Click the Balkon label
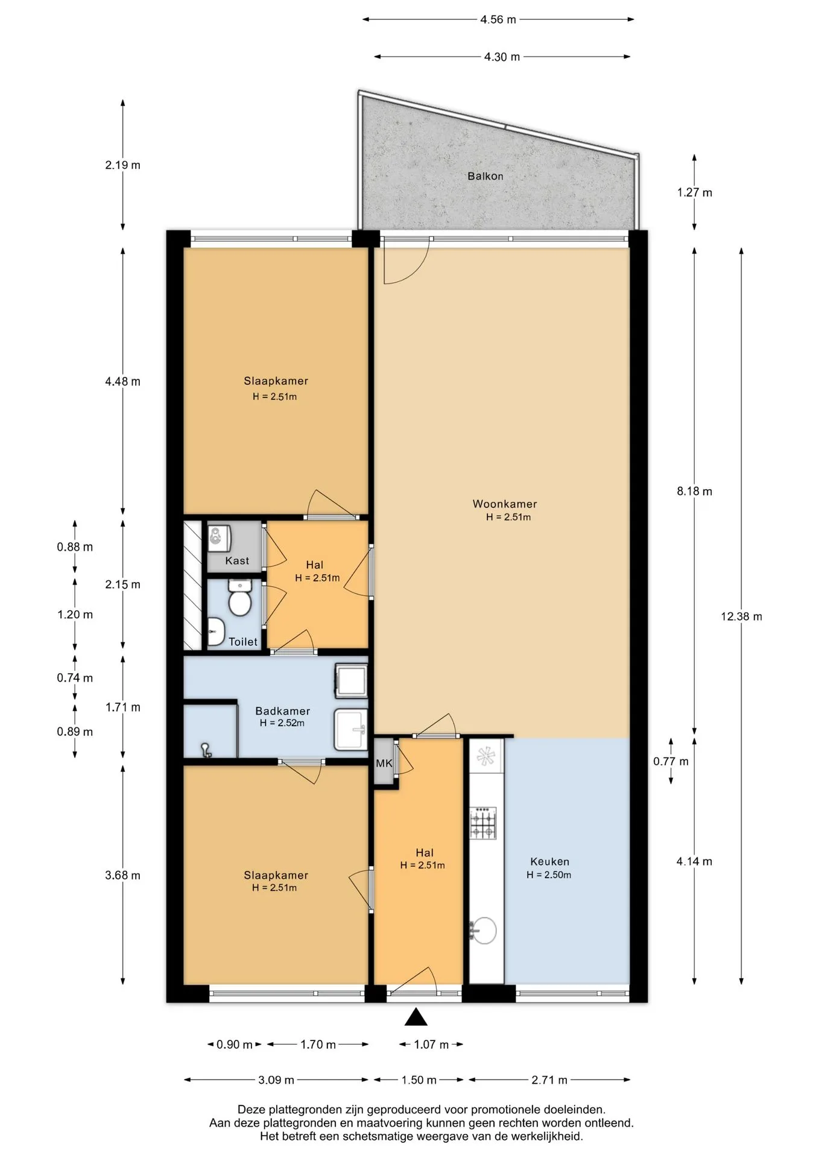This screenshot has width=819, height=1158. (x=485, y=176)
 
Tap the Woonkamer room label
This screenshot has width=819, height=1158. (x=504, y=504)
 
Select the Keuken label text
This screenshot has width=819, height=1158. (x=549, y=862)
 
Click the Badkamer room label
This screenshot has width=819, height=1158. (x=282, y=711)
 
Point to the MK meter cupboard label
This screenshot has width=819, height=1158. (x=384, y=764)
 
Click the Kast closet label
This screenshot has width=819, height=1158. (x=237, y=561)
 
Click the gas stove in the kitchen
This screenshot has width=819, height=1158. (x=483, y=823)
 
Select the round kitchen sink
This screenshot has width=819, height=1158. (x=482, y=931)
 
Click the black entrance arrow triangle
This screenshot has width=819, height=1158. (x=416, y=1017)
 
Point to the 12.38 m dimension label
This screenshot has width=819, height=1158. (x=741, y=616)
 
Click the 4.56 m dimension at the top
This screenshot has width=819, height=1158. (x=498, y=19)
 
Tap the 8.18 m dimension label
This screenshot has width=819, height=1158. (x=694, y=491)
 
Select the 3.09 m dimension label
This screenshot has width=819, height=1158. (x=276, y=1080)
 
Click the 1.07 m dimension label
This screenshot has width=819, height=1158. (x=431, y=1045)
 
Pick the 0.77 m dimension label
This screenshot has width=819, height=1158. (x=671, y=761)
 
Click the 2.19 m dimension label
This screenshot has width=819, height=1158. (x=122, y=165)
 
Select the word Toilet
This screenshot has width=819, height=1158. (x=243, y=642)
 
